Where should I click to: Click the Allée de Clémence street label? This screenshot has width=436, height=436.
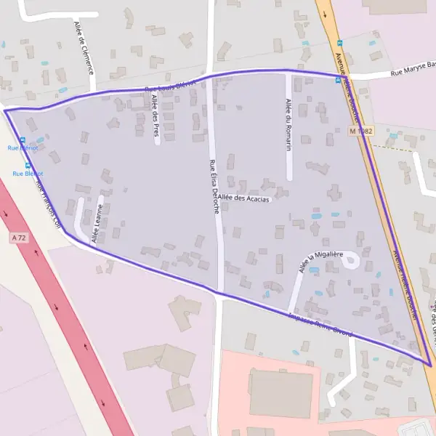84,47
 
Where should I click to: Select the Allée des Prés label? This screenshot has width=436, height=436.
156,116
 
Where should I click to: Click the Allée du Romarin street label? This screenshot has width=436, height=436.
288,124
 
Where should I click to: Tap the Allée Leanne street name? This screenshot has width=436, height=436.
96,224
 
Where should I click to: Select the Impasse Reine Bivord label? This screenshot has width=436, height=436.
320,325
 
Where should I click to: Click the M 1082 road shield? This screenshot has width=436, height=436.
360,131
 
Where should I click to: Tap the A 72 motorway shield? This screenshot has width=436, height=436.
19,238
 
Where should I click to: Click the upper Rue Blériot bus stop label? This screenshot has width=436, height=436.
23,148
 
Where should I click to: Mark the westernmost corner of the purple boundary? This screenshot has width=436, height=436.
5,110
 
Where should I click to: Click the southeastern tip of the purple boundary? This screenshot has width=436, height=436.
429,364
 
